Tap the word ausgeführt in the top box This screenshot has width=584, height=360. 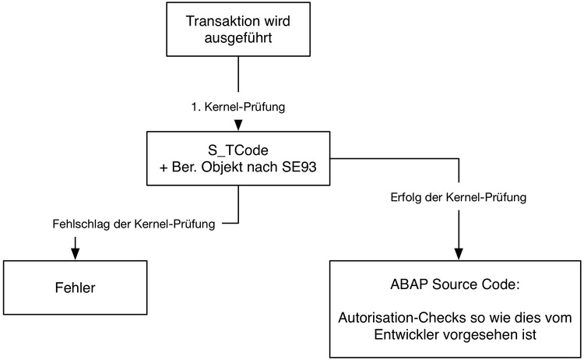(x=238, y=38)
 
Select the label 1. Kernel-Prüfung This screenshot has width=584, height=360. (x=238, y=107)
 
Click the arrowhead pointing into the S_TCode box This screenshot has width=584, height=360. (x=238, y=125)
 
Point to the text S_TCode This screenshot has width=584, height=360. (x=238, y=150)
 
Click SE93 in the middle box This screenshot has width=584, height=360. (x=299, y=167)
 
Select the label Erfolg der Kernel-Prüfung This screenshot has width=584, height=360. (x=459, y=197)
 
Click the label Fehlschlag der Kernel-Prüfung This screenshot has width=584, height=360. (x=134, y=224)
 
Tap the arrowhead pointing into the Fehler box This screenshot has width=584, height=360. (x=76, y=254)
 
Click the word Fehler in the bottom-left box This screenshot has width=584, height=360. (x=76, y=288)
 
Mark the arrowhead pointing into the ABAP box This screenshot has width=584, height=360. (x=459, y=254)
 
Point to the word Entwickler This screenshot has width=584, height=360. (x=406, y=334)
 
